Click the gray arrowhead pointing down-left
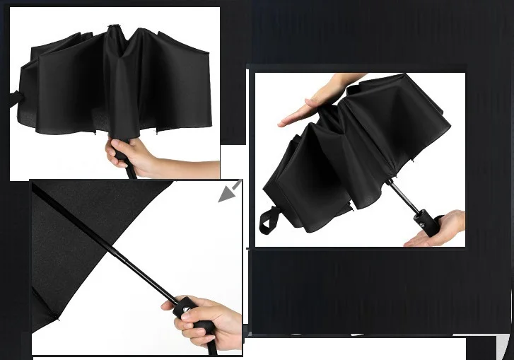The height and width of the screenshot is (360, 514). (228, 192)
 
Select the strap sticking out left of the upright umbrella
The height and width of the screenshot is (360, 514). (14, 98)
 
